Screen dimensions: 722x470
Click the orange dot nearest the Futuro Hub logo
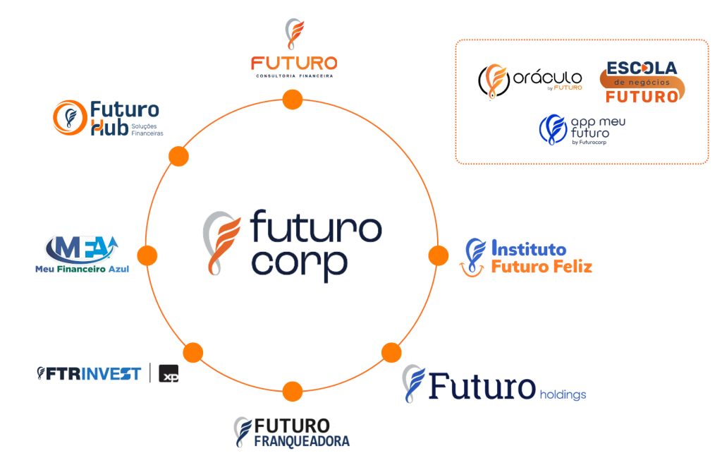pos(178,156)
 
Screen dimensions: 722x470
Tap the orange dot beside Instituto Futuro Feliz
pos(439,255)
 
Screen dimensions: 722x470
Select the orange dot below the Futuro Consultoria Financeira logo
pos(293,100)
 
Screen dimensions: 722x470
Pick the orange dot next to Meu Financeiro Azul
pos(147,255)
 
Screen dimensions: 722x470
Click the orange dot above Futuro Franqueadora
pos(293,391)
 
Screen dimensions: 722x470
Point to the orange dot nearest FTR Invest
pos(193,353)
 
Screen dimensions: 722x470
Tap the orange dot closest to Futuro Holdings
pos(391,353)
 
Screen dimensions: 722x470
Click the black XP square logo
pos(169,373)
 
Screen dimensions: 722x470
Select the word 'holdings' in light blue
pos(563,395)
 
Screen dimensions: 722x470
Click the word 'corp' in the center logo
pos(299,265)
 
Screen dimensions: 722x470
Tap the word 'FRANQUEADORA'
pos(302,442)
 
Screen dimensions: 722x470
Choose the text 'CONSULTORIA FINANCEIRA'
pos(294,76)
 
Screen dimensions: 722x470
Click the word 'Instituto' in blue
pos(529,248)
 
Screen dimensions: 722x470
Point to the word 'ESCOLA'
pos(642,68)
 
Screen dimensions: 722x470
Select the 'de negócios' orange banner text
pos(642,83)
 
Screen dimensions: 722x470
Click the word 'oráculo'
pos(547,76)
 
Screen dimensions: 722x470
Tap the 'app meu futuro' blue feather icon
pos(553,129)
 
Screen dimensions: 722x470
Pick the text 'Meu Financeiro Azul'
pos(82,269)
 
